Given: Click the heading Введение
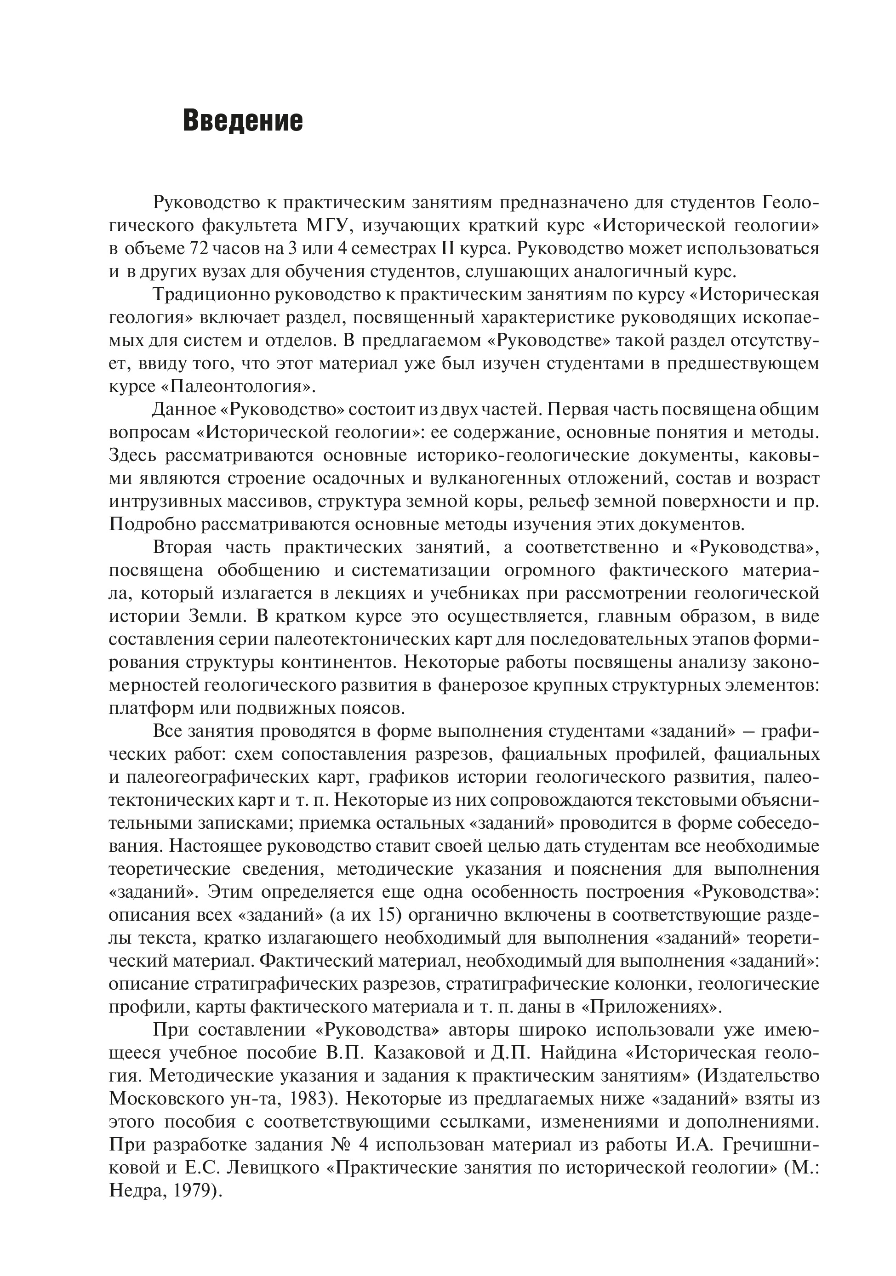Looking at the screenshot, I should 243,121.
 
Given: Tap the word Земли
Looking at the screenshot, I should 211,617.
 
